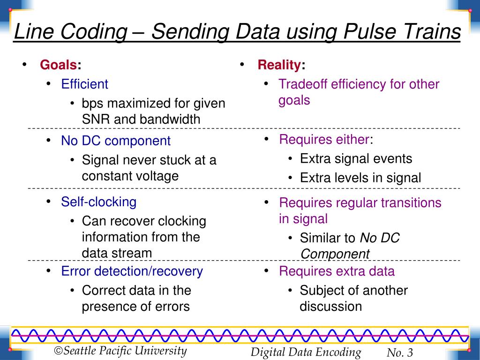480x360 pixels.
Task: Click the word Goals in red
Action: pos(58,65)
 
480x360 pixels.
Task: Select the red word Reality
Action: pos(279,65)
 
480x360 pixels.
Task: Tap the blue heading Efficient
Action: pos(84,84)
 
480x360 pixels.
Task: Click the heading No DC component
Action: pos(116,141)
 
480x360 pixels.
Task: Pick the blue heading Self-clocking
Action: pos(98,202)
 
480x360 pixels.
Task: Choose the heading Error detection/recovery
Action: pos(132,271)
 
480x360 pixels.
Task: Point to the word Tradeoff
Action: pos(303,84)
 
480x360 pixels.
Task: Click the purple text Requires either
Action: pos(324,139)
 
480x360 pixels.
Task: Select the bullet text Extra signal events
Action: pos(356,158)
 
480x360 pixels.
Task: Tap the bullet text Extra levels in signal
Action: pos(360,178)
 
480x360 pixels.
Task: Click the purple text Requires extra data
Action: pos(337,271)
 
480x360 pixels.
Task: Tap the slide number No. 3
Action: pos(400,353)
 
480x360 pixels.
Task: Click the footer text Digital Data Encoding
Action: pos(306,352)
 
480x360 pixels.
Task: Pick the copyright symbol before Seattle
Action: pos(59,351)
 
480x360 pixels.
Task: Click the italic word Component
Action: pos(335,254)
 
